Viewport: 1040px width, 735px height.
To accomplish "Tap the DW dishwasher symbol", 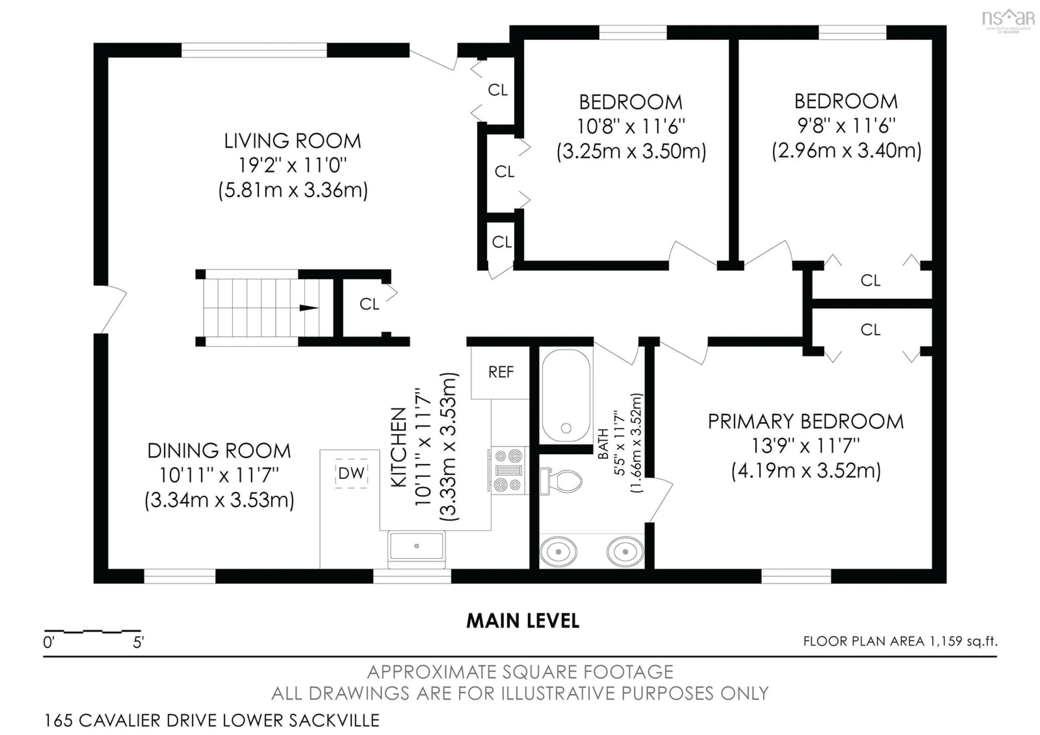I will [x=351, y=473].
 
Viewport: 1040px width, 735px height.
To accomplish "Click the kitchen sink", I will [x=416, y=546].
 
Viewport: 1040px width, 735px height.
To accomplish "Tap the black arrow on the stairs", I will [x=309, y=308].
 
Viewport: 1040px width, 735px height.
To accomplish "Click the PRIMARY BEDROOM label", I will [x=805, y=422].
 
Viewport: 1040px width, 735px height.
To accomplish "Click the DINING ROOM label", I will [x=219, y=451].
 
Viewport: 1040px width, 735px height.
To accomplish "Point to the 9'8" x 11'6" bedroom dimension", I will [x=846, y=126].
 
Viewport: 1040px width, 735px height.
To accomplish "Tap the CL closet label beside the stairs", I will [x=369, y=304].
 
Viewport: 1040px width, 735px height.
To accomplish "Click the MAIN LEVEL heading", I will [x=523, y=621].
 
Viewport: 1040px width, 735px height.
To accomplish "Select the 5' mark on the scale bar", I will [x=138, y=643].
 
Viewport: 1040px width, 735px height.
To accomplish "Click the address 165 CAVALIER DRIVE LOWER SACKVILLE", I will [x=212, y=720].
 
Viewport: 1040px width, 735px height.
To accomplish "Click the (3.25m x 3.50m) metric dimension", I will [x=631, y=151].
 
